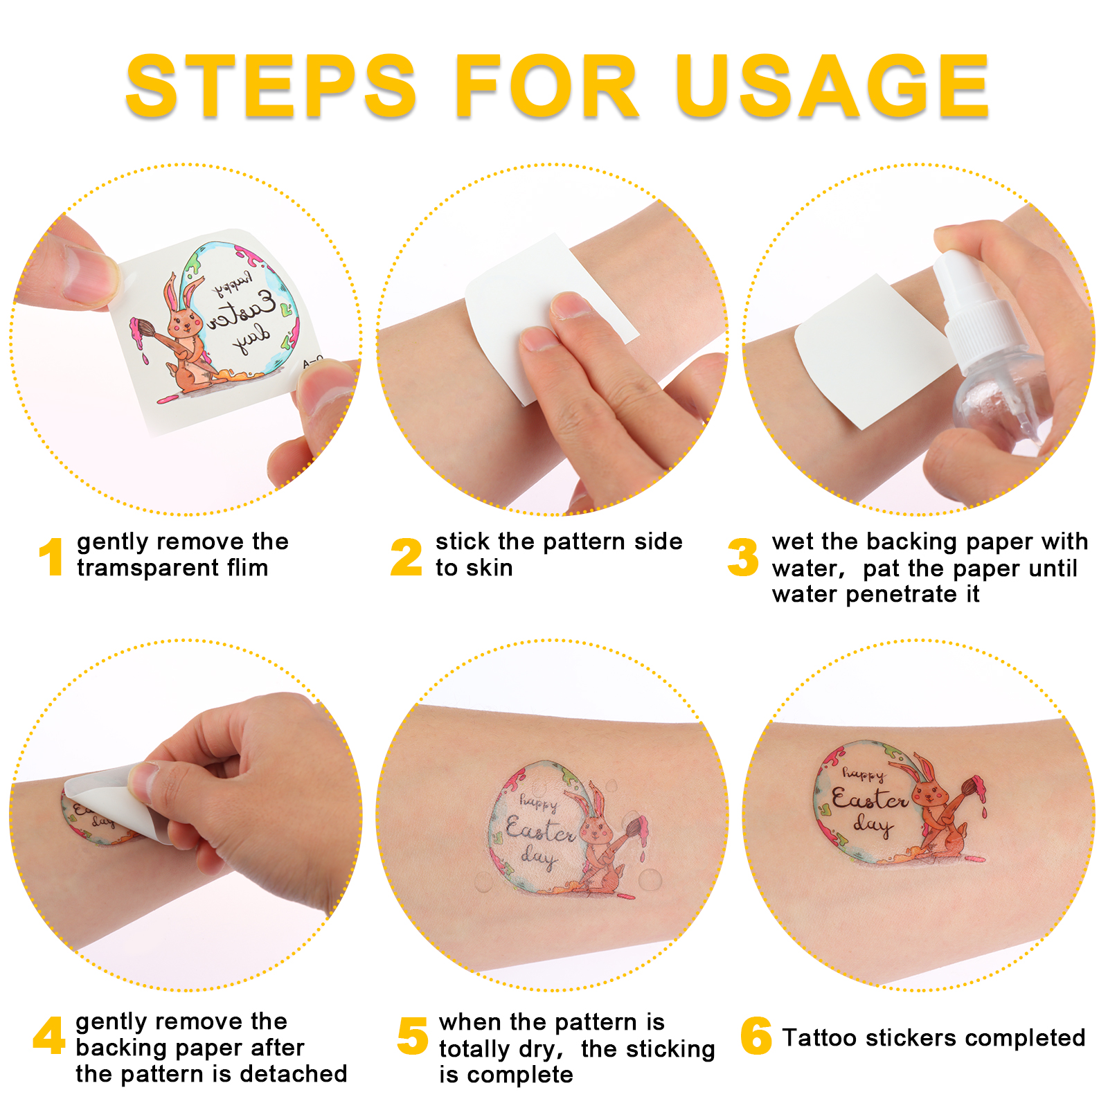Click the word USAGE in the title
click(x=833, y=87)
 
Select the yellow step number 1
click(x=51, y=557)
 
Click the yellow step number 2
click(x=406, y=557)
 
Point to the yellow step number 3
click(x=743, y=557)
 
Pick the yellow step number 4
click(x=49, y=1036)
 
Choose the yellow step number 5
click(x=413, y=1037)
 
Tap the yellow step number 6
click(x=756, y=1036)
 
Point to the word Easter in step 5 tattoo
click(x=540, y=830)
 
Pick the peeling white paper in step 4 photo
click(x=118, y=800)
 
